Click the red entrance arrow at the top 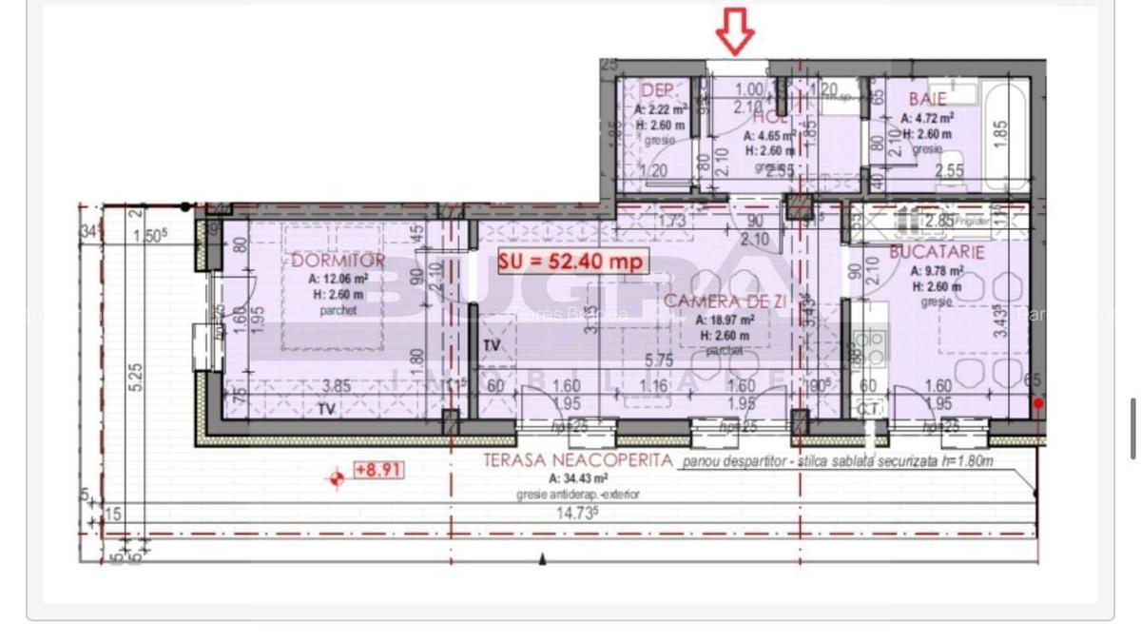tap(735, 31)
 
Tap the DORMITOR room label tap(338, 261)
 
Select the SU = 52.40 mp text tap(570, 260)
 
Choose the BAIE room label tap(926, 99)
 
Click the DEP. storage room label tap(659, 90)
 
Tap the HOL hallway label tap(768, 118)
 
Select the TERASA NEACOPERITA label tap(577, 461)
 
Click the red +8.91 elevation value tap(377, 469)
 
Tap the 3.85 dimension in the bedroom tap(338, 387)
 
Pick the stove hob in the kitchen tap(870, 341)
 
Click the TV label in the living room tap(492, 345)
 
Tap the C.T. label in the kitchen tap(868, 408)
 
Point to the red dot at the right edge tap(1038, 403)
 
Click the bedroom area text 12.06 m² tap(338, 280)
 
